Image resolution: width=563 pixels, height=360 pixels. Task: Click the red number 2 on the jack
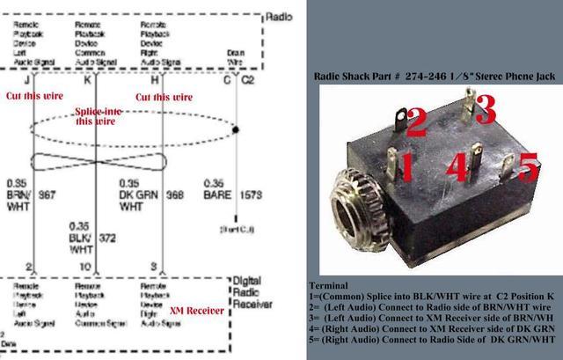click(x=416, y=122)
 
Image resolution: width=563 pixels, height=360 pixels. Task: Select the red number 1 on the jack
click(x=407, y=163)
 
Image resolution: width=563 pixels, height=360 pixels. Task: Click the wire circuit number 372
click(x=106, y=238)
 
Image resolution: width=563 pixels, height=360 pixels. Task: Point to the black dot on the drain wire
click(x=238, y=129)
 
